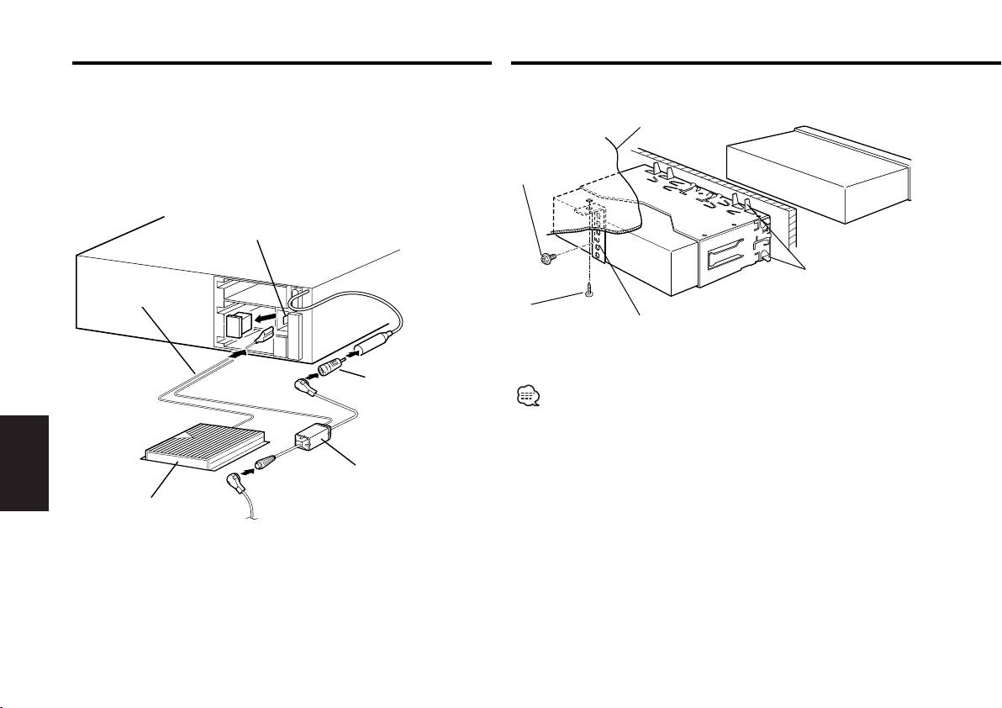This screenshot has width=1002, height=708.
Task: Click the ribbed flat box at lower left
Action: (x=206, y=446)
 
